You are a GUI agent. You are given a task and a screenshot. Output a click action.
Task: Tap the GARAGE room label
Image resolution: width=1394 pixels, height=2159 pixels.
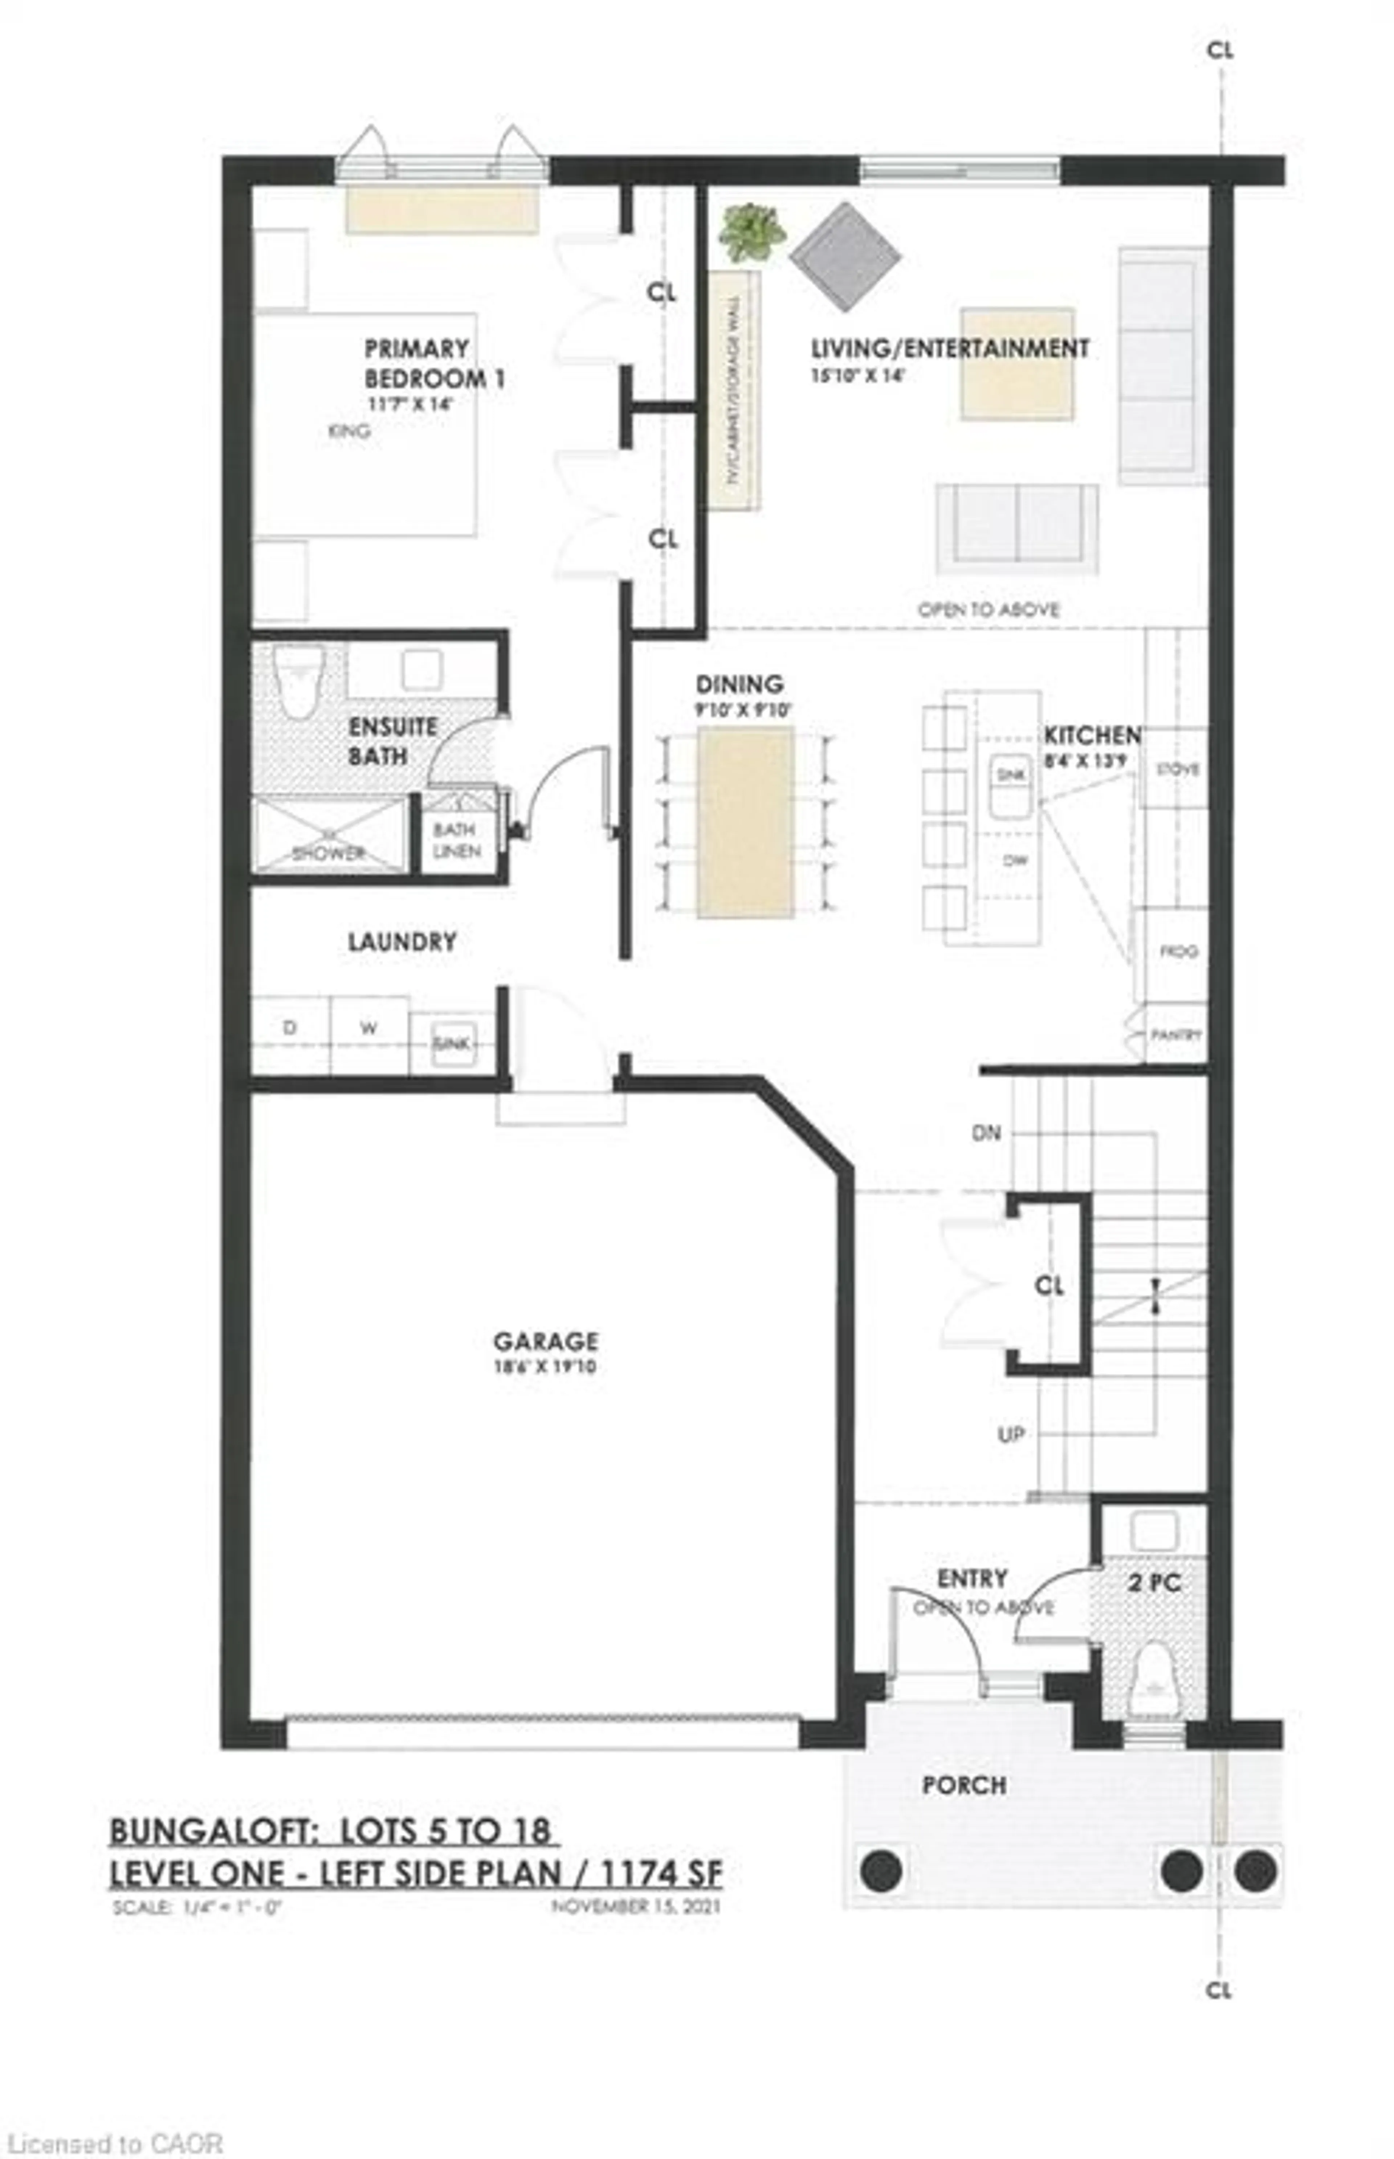(545, 1341)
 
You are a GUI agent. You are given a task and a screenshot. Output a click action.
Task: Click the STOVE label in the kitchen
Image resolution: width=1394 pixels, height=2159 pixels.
(1178, 769)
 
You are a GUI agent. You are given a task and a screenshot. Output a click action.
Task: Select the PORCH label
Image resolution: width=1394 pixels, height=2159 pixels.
(964, 1785)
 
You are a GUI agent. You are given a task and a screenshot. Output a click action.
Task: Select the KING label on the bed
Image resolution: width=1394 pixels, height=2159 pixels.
(348, 431)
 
